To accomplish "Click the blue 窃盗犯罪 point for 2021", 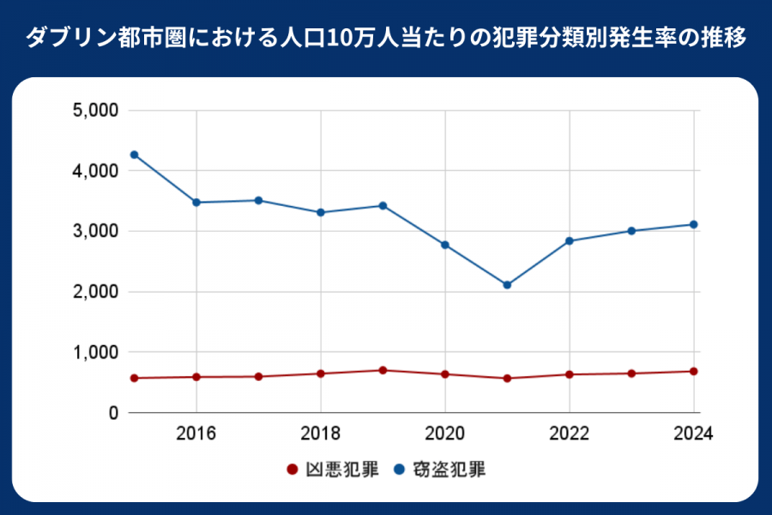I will [x=507, y=285].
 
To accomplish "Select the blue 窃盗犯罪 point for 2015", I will [x=134, y=154].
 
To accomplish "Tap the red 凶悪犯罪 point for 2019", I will [x=383, y=370].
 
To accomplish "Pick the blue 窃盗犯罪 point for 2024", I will [x=694, y=225].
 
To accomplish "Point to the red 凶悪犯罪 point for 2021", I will [x=507, y=379].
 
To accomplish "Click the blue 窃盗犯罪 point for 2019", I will [x=383, y=206].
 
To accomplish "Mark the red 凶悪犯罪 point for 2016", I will [x=196, y=377].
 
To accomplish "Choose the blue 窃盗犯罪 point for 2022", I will [x=570, y=241].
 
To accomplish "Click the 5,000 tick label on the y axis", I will [x=95, y=111].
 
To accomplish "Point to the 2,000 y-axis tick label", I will [x=95, y=292].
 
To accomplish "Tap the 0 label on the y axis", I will [x=112, y=413].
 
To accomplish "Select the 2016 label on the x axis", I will [x=196, y=433].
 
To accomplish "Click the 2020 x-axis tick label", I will [x=445, y=433].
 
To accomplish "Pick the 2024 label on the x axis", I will [x=694, y=433].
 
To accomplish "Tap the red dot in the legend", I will [x=292, y=470].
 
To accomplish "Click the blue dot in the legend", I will [x=400, y=470].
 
